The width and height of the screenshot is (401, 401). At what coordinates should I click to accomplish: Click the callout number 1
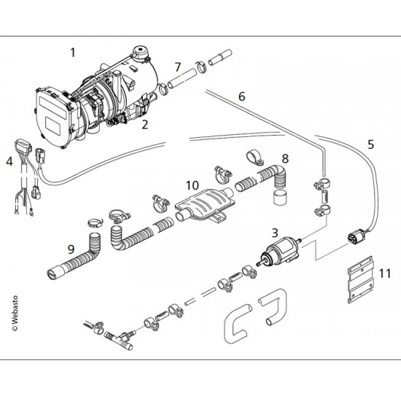pyautogui.click(x=72, y=52)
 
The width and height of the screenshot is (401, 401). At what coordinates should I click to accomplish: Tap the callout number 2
pyautogui.click(x=145, y=125)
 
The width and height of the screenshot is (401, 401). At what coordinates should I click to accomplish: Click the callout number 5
pyautogui.click(x=370, y=144)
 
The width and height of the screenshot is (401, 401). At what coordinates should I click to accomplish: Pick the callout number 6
pyautogui.click(x=241, y=96)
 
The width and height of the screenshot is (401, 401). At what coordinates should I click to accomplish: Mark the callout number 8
pyautogui.click(x=285, y=158)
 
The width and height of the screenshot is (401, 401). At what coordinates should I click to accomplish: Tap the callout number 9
pyautogui.click(x=71, y=249)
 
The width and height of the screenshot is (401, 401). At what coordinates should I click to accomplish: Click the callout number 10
pyautogui.click(x=190, y=184)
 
